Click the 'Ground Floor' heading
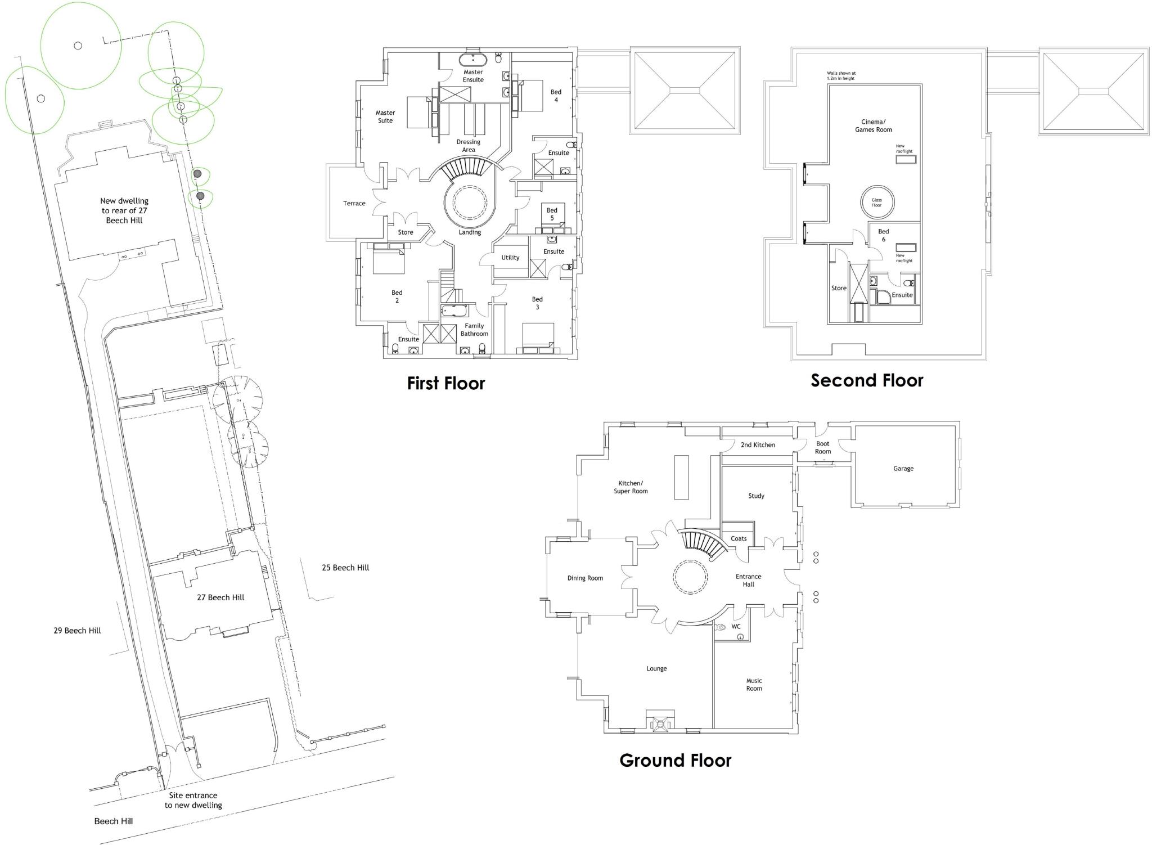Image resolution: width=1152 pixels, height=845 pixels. [x=675, y=761]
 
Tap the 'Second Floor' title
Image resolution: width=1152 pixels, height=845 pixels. [x=866, y=381]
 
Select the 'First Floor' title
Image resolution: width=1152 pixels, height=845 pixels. [x=445, y=384]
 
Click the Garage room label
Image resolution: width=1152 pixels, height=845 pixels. [x=903, y=469]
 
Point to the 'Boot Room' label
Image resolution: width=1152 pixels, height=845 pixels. [x=822, y=448]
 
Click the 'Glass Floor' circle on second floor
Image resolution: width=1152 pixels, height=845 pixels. [x=877, y=203]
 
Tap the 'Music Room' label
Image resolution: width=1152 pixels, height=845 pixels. [x=754, y=685]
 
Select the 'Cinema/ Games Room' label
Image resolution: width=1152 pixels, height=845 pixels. [x=873, y=125]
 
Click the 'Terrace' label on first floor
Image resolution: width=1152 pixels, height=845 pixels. [x=354, y=204]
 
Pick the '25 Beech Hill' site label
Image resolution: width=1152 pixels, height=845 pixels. [x=345, y=568]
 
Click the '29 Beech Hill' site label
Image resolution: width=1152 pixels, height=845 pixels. [x=77, y=631]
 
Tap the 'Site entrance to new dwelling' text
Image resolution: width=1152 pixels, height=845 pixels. [x=193, y=800]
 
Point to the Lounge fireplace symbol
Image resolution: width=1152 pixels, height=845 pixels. [x=659, y=722]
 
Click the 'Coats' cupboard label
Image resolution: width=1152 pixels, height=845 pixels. [x=738, y=539]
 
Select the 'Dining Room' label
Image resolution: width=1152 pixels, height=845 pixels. [x=584, y=578]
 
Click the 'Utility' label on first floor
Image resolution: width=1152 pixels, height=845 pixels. [x=510, y=258]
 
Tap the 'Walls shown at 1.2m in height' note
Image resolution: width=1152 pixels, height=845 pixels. [x=840, y=76]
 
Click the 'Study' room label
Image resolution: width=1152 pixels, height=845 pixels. [x=756, y=496]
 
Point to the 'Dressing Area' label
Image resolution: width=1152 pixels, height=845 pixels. [x=468, y=146]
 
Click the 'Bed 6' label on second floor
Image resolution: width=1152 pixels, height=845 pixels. [x=883, y=235]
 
